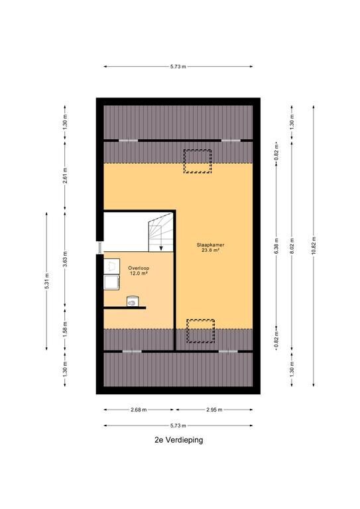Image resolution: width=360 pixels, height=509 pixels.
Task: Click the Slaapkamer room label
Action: point(210,245)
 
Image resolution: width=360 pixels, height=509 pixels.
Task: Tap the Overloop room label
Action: point(139,268)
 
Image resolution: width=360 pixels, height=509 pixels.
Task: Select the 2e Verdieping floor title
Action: point(179,440)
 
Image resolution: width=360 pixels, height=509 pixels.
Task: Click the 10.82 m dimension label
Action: point(314,245)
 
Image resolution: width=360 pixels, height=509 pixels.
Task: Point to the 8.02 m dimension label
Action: point(292,245)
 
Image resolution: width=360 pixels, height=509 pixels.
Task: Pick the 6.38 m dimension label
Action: point(276,245)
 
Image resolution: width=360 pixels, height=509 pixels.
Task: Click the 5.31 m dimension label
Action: point(47,281)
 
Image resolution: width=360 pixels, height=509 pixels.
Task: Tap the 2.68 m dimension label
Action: point(139,410)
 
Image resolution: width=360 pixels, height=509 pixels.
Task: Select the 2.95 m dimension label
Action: point(214,410)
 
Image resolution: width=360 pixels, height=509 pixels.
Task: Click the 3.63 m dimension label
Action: point(65,258)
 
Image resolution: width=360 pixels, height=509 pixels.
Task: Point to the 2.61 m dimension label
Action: point(65,176)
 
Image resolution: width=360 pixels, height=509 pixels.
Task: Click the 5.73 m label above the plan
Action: point(178,66)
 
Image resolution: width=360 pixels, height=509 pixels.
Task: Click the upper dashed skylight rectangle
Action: point(198,161)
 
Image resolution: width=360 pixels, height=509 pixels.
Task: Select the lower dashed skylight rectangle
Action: point(200,331)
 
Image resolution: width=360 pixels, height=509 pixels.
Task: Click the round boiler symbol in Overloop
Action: point(132,302)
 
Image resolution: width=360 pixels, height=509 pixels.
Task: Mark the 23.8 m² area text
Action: point(211,251)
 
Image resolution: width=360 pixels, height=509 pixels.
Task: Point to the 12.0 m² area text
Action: point(139,273)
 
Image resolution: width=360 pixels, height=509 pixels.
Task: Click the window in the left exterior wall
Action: point(99,248)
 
